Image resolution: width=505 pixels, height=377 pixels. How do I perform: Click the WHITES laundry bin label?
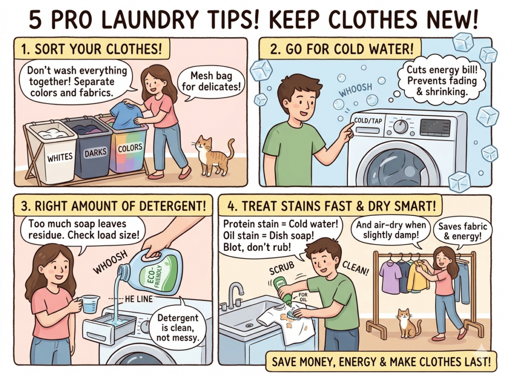[x=59, y=158]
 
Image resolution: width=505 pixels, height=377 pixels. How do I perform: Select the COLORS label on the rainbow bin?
[x=130, y=147]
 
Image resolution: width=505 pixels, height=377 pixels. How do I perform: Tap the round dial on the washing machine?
[x=400, y=126]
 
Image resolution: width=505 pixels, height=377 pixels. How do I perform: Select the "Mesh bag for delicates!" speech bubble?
[x=211, y=81]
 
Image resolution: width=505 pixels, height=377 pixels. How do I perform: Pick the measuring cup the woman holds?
[x=89, y=303]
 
